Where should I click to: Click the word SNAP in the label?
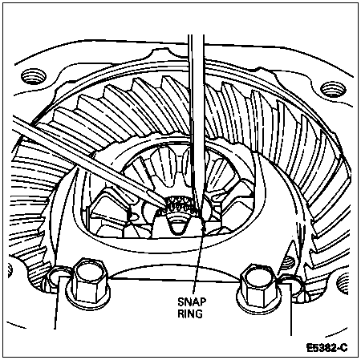tap(192, 302)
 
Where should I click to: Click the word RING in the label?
tap(190, 313)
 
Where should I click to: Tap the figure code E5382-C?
tap(327, 348)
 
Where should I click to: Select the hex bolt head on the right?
tap(259, 282)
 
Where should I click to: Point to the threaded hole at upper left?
tap(34, 76)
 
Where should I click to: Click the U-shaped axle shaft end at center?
tap(178, 226)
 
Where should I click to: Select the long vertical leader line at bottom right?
tap(290, 307)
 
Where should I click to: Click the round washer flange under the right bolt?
tap(259, 300)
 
